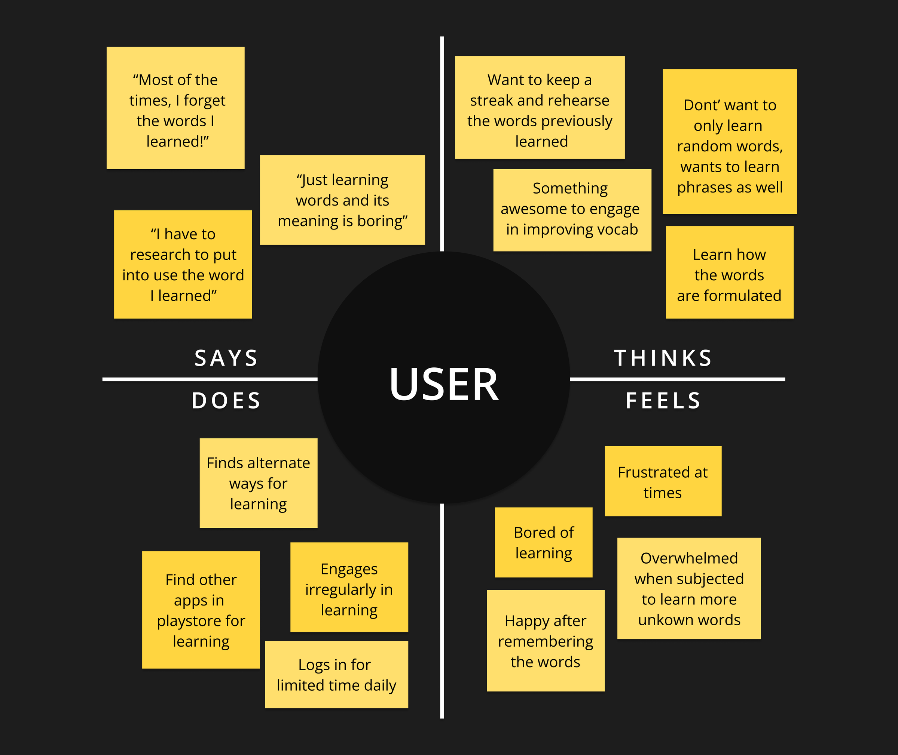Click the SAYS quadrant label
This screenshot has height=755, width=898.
[x=226, y=358]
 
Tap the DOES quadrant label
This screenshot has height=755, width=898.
[x=226, y=401]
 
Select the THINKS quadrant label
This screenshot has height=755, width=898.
[x=663, y=358]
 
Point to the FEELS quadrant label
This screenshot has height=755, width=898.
[x=663, y=401]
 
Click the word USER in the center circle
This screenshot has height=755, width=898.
[x=444, y=384]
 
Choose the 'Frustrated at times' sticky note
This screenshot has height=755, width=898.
[x=663, y=481]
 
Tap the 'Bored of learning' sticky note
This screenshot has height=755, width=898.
[x=543, y=542]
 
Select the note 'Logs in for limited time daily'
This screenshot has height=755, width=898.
[x=336, y=675]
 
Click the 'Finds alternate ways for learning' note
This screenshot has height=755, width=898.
[x=258, y=483]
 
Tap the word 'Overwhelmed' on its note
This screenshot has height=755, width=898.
[x=689, y=558]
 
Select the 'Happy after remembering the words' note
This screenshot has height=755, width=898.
[x=546, y=641]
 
